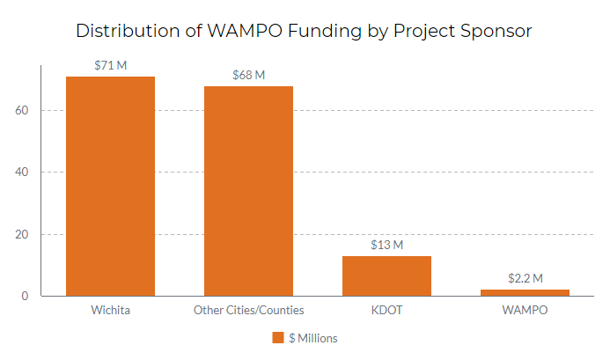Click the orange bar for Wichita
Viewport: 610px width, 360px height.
pos(110,186)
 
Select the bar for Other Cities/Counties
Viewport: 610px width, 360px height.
pos(248,191)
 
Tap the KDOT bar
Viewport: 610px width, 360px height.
pos(386,276)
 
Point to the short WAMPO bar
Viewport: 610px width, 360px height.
pos(525,292)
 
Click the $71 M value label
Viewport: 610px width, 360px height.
pos(110,65)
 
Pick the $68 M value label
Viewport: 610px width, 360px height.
pos(248,75)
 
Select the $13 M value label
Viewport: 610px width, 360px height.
pos(386,245)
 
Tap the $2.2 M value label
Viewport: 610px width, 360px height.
pos(525,278)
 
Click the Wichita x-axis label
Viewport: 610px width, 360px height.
pos(110,311)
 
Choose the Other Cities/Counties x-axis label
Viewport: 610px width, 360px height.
pos(248,311)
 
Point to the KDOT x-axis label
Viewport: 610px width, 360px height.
pos(386,311)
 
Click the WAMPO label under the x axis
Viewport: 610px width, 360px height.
pos(525,311)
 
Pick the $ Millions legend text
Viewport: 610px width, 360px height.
pos(312,338)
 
